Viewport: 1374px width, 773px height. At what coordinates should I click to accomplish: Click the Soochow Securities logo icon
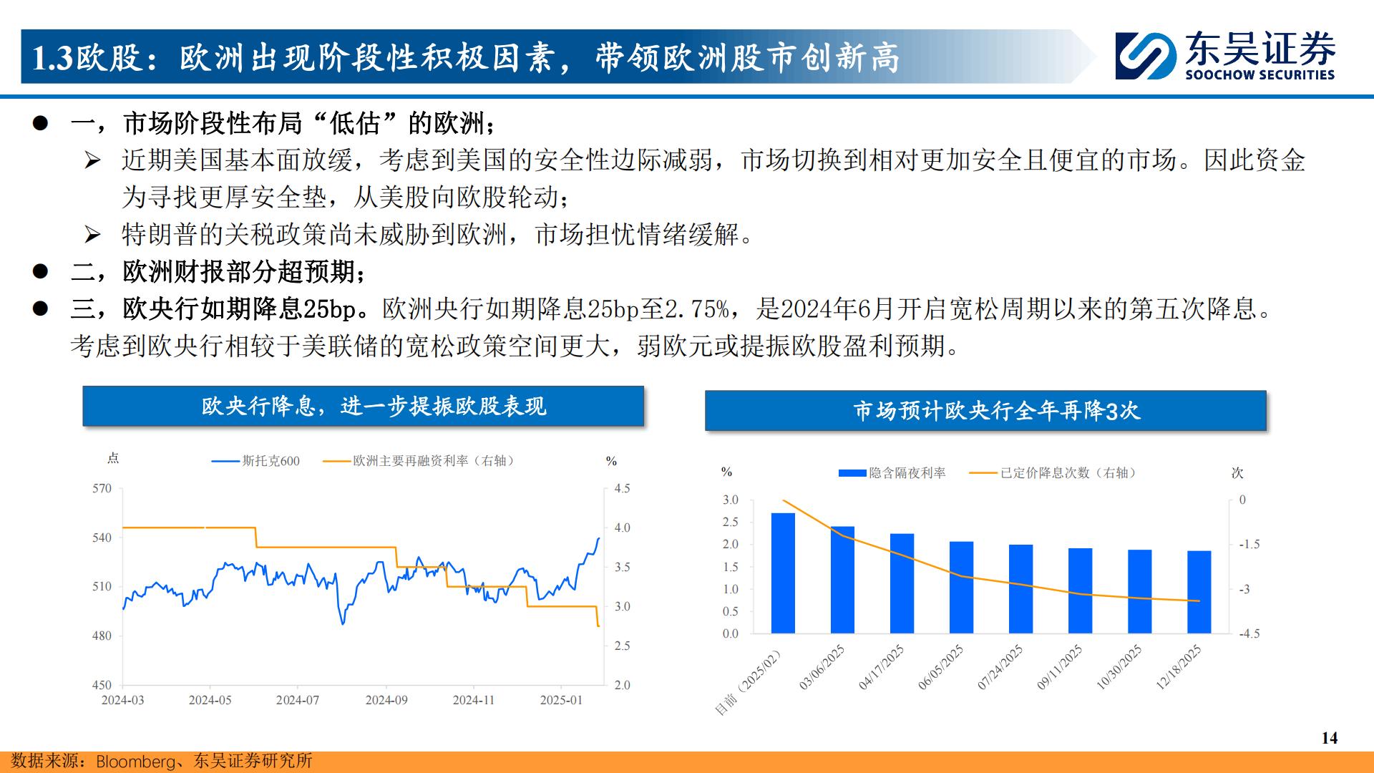tap(1146, 56)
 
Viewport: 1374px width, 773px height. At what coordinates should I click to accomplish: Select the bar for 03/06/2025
tap(842, 580)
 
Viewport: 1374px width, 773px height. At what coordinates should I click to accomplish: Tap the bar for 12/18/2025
tap(1199, 592)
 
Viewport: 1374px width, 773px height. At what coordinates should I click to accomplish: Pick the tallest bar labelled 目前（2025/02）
tap(783, 573)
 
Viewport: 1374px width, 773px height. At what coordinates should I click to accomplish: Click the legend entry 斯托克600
tap(255, 461)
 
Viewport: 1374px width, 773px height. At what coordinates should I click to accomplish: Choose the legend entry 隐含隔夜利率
tap(892, 473)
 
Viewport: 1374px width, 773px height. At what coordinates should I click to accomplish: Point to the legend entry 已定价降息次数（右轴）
tap(1053, 473)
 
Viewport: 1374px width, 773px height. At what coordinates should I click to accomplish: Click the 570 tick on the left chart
tap(102, 489)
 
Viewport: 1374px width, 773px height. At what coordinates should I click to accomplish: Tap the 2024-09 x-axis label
tap(386, 700)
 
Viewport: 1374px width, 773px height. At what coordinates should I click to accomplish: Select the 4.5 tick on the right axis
tap(622, 489)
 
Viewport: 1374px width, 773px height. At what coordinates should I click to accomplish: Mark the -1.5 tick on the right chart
tap(1249, 545)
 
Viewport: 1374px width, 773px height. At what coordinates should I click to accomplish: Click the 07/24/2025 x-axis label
tap(1000, 667)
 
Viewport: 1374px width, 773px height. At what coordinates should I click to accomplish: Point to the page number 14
tap(1329, 738)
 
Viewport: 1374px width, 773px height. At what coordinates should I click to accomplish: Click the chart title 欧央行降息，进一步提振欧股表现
tap(374, 407)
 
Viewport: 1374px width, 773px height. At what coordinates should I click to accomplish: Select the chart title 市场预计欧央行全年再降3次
tap(996, 411)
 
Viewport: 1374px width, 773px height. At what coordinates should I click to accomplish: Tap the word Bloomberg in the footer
tap(135, 761)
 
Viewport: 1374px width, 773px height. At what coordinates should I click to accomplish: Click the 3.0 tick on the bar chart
tap(730, 500)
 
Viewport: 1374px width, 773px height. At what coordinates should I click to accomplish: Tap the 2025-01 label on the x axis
tap(561, 700)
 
